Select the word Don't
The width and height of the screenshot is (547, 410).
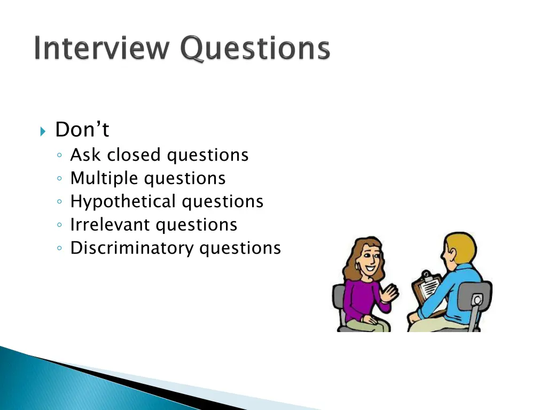[82, 130]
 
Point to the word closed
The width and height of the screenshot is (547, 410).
[134, 155]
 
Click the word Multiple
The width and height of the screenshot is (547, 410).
[105, 178]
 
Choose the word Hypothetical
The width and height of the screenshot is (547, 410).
[123, 202]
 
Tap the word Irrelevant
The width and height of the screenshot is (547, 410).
[110, 225]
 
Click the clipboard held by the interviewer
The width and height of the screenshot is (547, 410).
[427, 289]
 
